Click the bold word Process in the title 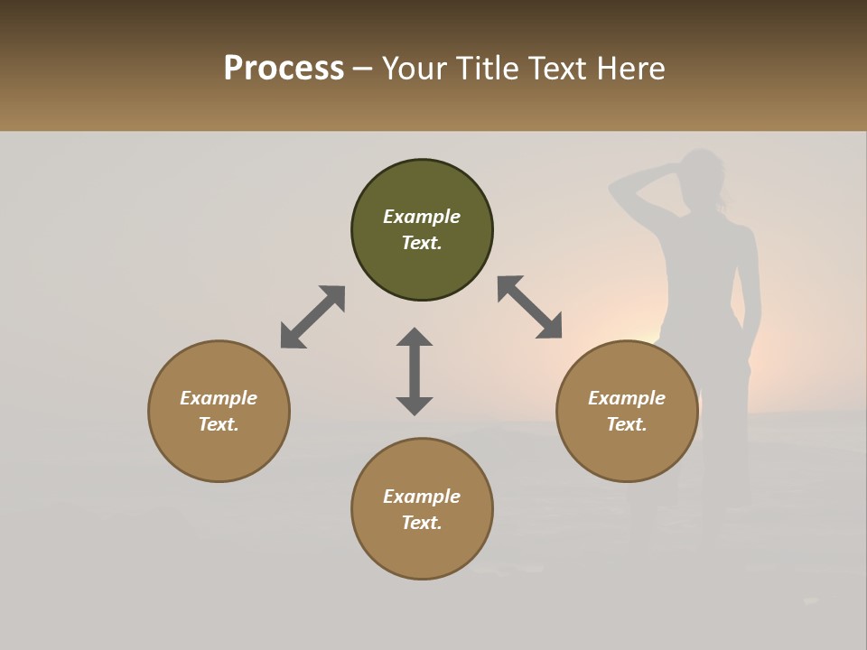pos(284,68)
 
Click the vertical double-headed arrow pos(415,371)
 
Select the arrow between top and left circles pos(312,317)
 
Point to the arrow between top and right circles pos(530,307)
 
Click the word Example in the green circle pos(422,217)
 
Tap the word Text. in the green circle pos(422,243)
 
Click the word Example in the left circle pos(219,398)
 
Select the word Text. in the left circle pos(219,424)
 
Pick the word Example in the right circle pos(627,398)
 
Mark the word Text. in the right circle pos(627,424)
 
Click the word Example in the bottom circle pos(422,497)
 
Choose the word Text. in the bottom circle pos(422,523)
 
